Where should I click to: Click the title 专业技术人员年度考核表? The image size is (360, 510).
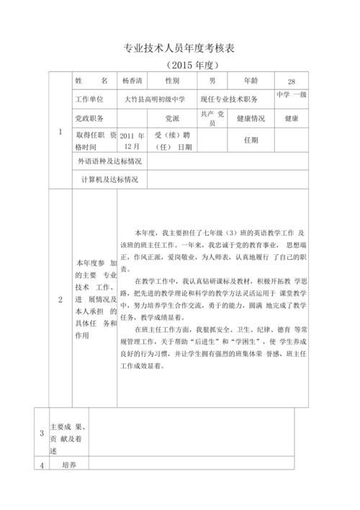180,48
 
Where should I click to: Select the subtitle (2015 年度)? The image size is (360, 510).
180,65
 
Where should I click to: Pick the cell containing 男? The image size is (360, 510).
212,81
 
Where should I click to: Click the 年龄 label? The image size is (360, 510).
253,81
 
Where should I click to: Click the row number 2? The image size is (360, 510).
60,299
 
